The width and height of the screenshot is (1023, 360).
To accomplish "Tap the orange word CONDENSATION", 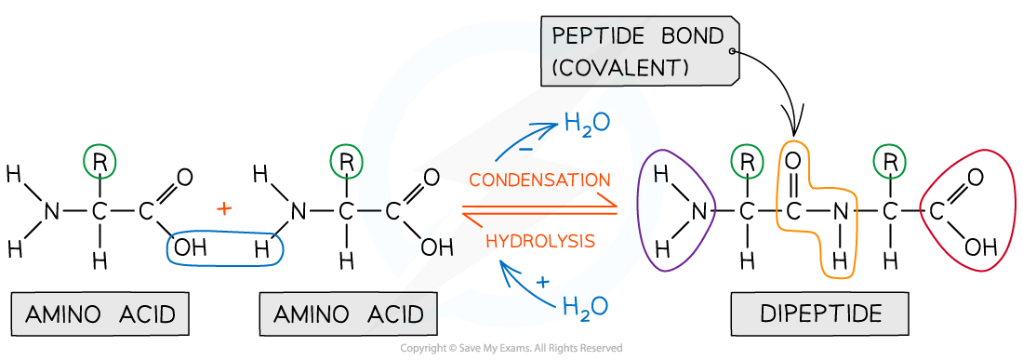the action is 539,180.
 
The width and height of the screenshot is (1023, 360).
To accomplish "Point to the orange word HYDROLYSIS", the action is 540,241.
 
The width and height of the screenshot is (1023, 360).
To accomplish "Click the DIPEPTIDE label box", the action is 820,313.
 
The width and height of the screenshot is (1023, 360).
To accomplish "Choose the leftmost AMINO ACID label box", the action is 100,314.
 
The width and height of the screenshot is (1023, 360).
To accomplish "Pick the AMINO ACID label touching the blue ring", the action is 349,314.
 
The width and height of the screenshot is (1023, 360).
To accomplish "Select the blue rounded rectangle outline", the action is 224,248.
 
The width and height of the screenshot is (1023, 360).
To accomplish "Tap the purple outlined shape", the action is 676,210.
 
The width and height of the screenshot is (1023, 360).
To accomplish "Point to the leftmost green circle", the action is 100,161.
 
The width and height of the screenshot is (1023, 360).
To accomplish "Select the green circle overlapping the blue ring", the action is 346,161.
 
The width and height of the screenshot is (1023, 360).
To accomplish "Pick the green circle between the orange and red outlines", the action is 889,161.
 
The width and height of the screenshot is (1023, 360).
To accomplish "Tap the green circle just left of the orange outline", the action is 747,161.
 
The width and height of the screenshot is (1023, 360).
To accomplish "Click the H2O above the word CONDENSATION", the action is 586,124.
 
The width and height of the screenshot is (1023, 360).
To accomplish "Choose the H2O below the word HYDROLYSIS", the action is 586,305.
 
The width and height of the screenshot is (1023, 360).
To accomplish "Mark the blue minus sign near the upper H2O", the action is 525,148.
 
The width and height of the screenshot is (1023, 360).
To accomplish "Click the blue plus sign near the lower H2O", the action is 543,281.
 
